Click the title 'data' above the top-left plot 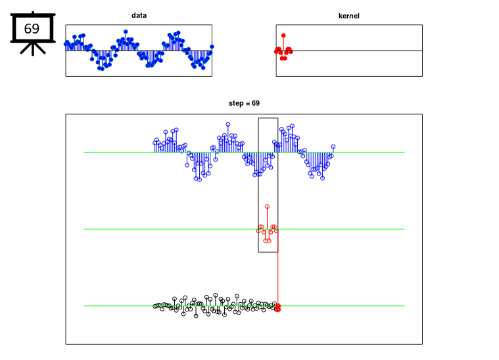[x=139, y=15]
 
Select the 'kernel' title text [x=349, y=16]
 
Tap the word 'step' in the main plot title [x=236, y=104]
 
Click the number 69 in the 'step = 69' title [x=256, y=103]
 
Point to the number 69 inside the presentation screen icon [x=32, y=29]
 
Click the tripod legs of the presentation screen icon [x=33, y=49]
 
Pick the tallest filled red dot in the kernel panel [x=283, y=35]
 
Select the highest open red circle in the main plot [x=268, y=207]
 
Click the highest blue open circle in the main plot [x=228, y=124]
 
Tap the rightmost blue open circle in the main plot [x=333, y=146]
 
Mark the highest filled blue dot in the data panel [x=126, y=32]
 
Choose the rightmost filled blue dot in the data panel [x=212, y=47]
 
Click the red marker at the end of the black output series [x=278, y=307]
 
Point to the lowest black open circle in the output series [x=196, y=316]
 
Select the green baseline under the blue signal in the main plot [x=244, y=152]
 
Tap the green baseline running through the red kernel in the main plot [x=244, y=229]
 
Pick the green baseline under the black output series [x=244, y=306]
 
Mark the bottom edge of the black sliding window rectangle [x=268, y=252]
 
